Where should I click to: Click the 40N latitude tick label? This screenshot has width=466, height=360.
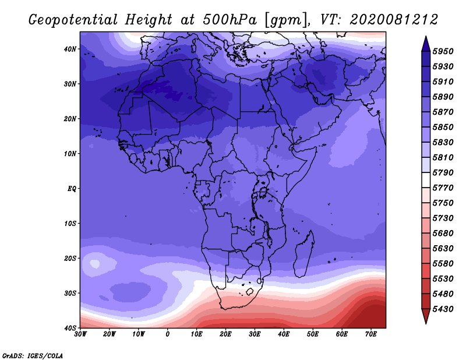click(x=70, y=49)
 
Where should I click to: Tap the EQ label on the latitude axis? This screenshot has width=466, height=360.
click(x=72, y=189)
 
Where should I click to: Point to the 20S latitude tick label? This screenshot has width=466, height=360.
click(x=70, y=258)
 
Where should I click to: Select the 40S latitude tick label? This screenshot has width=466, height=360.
click(x=70, y=328)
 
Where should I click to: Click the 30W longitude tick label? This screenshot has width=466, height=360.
click(x=80, y=334)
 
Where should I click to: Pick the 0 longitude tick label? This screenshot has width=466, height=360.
click(x=168, y=334)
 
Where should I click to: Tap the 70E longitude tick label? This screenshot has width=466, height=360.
click(x=371, y=334)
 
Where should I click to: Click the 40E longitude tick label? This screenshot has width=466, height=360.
click(x=284, y=334)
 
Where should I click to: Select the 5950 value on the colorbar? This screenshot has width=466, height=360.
click(x=443, y=51)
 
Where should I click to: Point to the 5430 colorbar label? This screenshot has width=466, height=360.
click(x=443, y=309)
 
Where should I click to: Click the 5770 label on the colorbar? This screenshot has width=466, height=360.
click(x=443, y=188)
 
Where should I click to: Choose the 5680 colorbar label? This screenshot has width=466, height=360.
click(x=443, y=234)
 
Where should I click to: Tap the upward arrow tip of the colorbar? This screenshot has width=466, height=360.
click(x=426, y=37)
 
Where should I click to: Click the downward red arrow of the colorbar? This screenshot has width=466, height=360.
click(x=426, y=316)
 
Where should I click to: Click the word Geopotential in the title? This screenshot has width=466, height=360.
click(x=73, y=20)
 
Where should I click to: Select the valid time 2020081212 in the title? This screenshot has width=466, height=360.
click(x=394, y=20)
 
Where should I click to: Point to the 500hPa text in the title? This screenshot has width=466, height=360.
click(x=230, y=20)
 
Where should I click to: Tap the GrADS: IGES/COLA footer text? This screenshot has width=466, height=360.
click(x=33, y=356)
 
